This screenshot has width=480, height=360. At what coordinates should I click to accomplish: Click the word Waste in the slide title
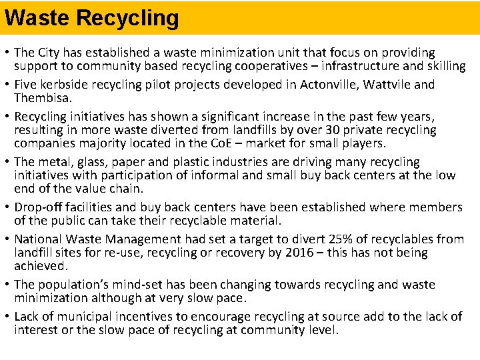pos(37,18)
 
